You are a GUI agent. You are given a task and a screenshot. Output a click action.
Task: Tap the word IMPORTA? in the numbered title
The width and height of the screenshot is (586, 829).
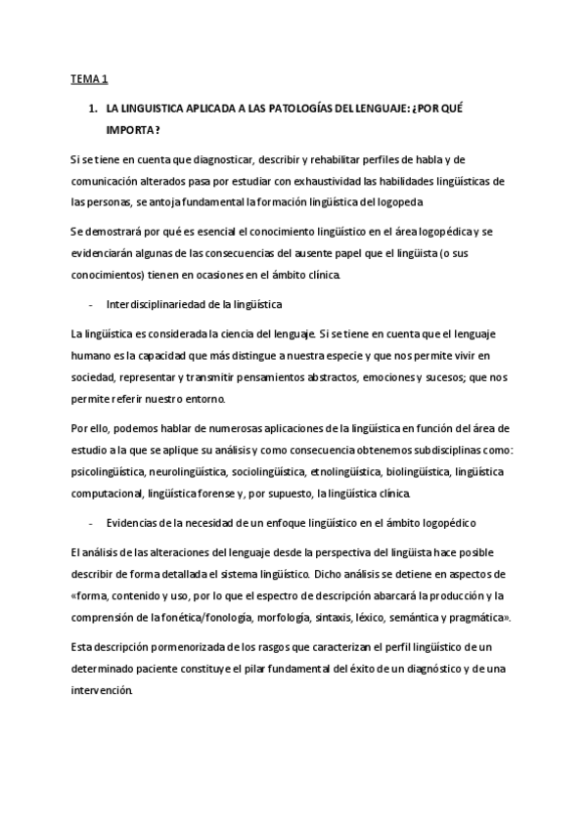(x=134, y=129)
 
